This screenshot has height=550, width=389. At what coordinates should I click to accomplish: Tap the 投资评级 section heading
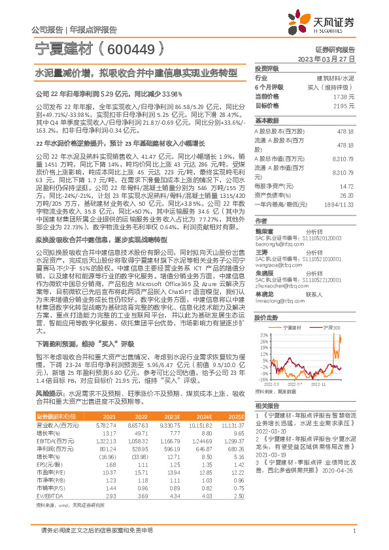tap(267, 68)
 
